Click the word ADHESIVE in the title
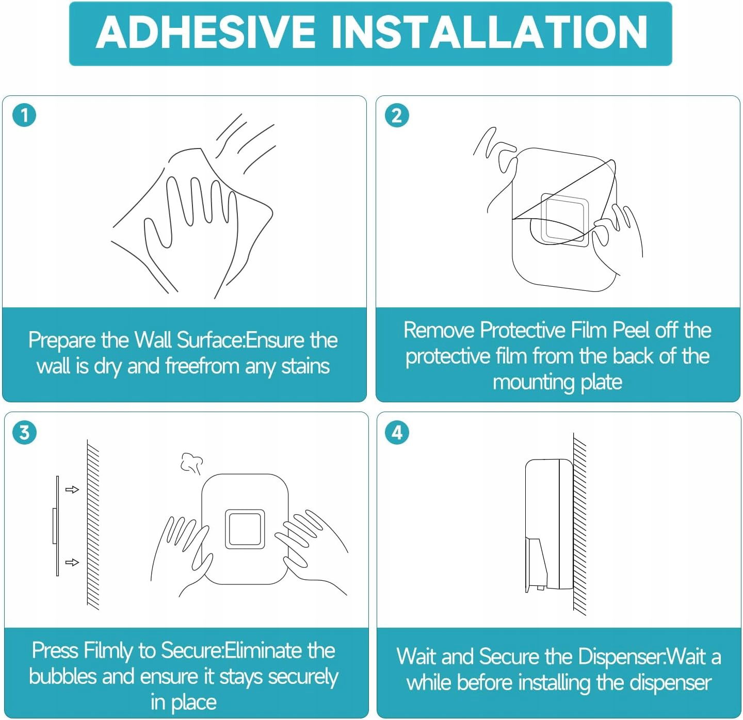pos(205,33)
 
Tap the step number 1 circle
pos(24,115)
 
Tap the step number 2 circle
pos(397,116)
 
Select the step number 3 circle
pos(24,432)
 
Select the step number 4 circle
pos(397,433)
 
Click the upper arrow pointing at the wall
pos(72,489)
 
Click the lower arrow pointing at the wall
pos(72,562)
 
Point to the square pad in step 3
pos(245,529)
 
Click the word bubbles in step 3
pos(62,677)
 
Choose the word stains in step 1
pos(305,366)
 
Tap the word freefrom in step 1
pos(202,366)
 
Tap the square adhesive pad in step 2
pos(564,220)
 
